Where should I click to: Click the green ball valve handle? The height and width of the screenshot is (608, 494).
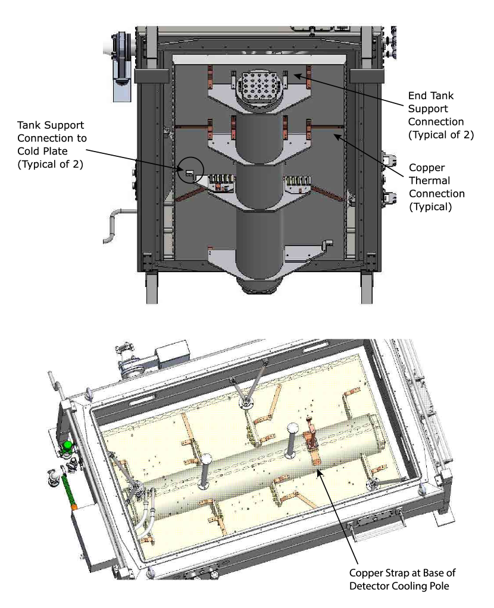point(68,446)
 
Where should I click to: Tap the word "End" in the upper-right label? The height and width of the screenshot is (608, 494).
point(416,96)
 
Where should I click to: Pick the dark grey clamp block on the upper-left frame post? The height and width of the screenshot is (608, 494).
point(149,75)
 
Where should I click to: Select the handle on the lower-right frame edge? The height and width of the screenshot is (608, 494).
point(364,533)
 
